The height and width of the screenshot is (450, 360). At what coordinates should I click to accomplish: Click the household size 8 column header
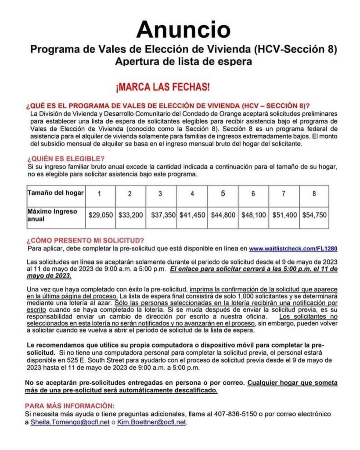pyautogui.click(x=315, y=194)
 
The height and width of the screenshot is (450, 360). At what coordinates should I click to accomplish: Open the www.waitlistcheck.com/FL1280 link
pyautogui.click(x=293, y=248)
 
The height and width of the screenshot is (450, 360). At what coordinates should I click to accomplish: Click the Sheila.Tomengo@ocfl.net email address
pyautogui.click(x=70, y=422)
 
